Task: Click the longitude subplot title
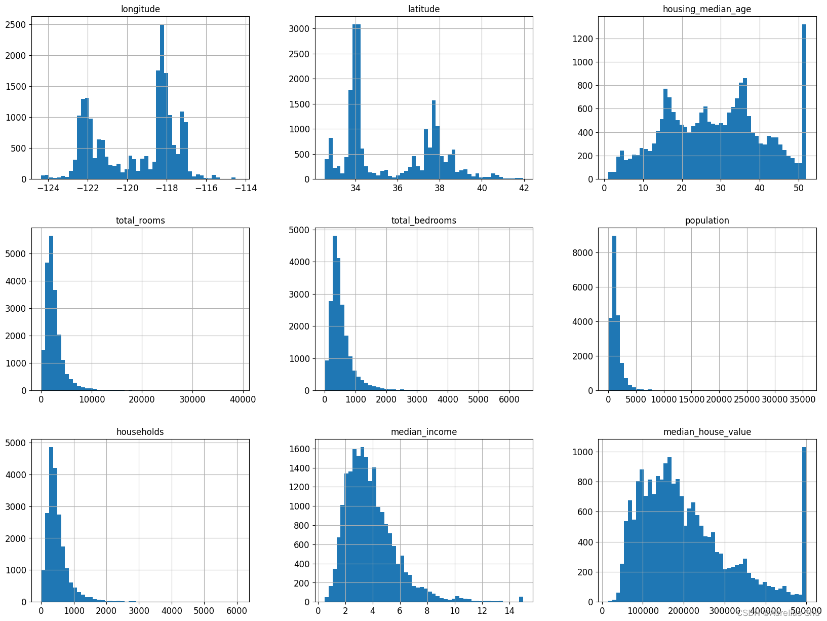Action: coord(140,9)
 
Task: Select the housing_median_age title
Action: coord(707,9)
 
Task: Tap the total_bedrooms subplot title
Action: coord(423,221)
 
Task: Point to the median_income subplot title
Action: coord(423,432)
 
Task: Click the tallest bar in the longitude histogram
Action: coord(162,101)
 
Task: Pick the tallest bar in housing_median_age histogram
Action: coord(804,101)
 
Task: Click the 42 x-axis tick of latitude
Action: coord(524,188)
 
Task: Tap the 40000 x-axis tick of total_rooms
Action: coord(243,399)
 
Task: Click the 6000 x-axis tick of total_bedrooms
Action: coord(509,399)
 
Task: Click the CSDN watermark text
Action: coord(778,613)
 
